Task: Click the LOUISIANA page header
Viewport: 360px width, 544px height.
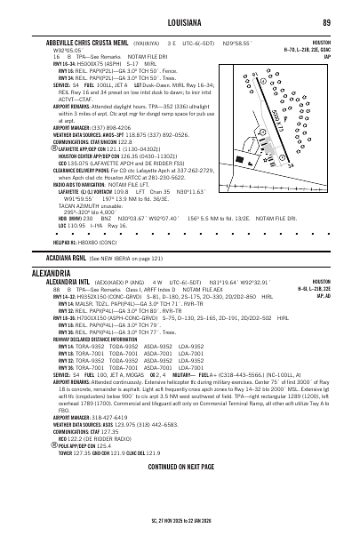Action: (x=180, y=21)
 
